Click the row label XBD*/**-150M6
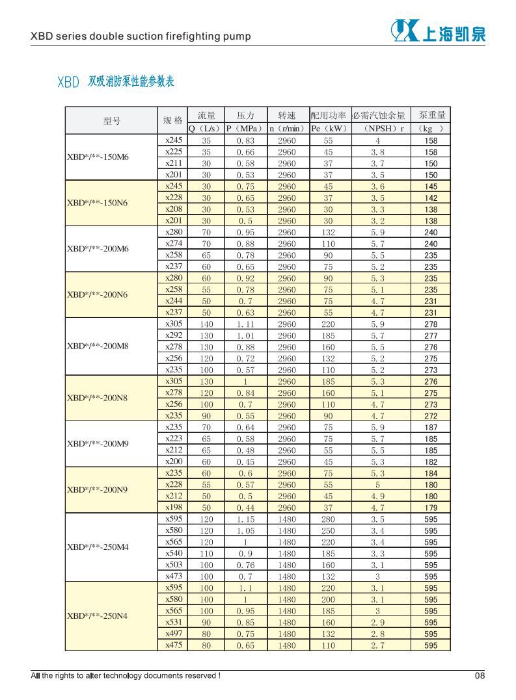click(98, 157)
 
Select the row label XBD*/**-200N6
click(98, 295)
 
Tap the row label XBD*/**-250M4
click(98, 547)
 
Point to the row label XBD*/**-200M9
click(98, 444)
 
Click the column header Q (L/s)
click(206, 129)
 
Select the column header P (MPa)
click(245, 129)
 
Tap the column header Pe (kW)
click(328, 129)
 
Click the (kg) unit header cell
click(431, 129)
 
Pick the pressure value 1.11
click(245, 324)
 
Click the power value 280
click(328, 519)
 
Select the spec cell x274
click(174, 244)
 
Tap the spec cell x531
click(174, 622)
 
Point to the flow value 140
click(206, 324)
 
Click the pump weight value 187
click(431, 428)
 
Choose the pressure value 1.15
click(245, 519)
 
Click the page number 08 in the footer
click(480, 675)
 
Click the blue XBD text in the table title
click(68, 83)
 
